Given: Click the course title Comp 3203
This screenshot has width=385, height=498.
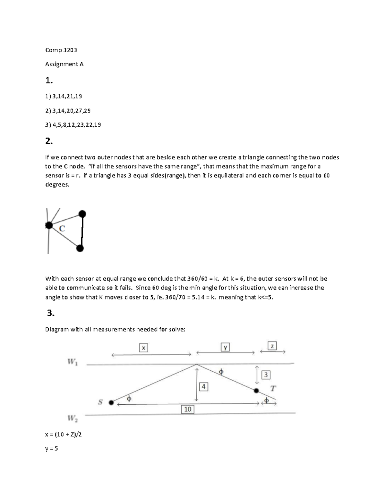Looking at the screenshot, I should click(x=61, y=50).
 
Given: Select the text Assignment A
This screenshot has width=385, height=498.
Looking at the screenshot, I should click(x=64, y=64).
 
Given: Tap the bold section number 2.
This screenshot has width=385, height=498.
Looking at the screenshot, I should click(x=49, y=141).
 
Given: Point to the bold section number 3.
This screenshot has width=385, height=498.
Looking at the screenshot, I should click(x=51, y=313).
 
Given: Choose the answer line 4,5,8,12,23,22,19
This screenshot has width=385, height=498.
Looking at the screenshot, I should click(x=73, y=125).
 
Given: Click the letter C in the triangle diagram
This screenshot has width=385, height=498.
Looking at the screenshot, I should click(x=62, y=229).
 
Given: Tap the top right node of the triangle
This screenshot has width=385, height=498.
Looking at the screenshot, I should click(x=82, y=214).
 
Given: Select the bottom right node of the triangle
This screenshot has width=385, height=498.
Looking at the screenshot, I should click(x=80, y=248).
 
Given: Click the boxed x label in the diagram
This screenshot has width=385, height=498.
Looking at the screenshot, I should click(x=143, y=348).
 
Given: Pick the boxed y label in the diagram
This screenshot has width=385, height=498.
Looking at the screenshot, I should click(x=226, y=347).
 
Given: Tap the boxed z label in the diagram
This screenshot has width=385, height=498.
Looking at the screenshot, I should click(x=272, y=346).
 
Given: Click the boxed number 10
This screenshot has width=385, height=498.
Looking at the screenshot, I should click(x=188, y=409).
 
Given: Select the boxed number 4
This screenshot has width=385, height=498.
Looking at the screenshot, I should click(x=203, y=387).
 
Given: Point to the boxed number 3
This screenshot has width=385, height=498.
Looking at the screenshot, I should click(x=266, y=375).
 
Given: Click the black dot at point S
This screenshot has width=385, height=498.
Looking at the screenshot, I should click(x=111, y=402).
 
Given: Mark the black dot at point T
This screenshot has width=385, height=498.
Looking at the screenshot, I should click(x=256, y=391).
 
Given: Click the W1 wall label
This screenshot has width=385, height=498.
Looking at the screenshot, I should click(x=72, y=362).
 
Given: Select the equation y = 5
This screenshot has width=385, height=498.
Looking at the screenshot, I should click(x=52, y=449).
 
